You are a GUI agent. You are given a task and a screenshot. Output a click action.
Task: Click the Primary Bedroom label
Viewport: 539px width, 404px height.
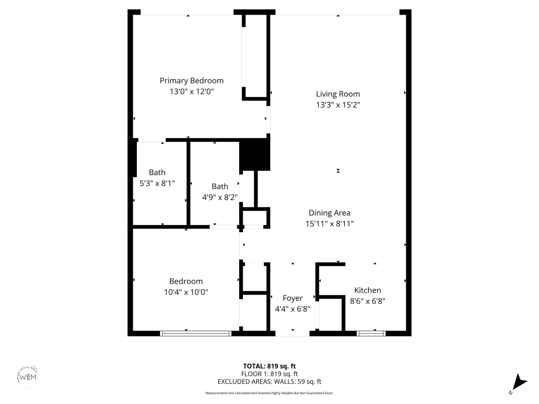click(x=192, y=81)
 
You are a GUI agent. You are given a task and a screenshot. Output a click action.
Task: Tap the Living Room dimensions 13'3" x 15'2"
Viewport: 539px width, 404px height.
click(x=338, y=105)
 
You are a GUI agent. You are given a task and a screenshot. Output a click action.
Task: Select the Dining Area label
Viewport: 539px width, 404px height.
click(x=329, y=213)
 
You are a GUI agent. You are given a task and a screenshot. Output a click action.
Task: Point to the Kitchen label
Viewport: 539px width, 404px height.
click(x=368, y=290)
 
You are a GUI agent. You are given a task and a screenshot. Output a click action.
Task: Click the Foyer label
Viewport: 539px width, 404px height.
click(x=293, y=298)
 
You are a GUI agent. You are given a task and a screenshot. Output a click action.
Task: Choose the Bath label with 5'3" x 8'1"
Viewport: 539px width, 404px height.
click(x=157, y=173)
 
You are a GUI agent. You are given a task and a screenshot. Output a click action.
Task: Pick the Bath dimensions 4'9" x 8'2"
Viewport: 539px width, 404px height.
click(x=220, y=197)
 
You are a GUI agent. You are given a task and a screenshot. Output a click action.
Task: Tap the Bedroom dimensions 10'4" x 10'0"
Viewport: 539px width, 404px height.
click(x=186, y=292)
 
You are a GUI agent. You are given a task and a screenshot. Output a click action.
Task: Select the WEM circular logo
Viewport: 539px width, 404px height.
click(x=28, y=376)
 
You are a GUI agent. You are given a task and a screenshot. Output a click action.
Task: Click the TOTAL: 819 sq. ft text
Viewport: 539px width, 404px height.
click(x=269, y=366)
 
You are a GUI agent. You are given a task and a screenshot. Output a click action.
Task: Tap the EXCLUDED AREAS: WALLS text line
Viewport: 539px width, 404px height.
click(x=269, y=382)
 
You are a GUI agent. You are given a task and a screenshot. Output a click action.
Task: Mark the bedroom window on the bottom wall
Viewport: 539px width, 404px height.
click(x=196, y=333)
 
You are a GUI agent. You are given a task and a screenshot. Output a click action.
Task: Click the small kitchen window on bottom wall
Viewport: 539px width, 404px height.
click(x=371, y=333)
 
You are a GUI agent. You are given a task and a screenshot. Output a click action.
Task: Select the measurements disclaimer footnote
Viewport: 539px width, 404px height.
click(x=269, y=393)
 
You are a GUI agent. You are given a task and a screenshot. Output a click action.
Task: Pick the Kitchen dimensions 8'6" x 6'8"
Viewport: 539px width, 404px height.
click(x=368, y=301)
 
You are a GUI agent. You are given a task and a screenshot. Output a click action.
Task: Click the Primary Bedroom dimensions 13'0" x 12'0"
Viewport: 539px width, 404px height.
click(x=192, y=91)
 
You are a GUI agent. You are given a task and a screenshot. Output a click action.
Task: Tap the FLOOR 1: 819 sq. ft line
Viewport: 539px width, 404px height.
click(x=269, y=374)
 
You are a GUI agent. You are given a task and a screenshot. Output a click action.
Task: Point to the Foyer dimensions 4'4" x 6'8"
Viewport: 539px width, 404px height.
click(x=293, y=309)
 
